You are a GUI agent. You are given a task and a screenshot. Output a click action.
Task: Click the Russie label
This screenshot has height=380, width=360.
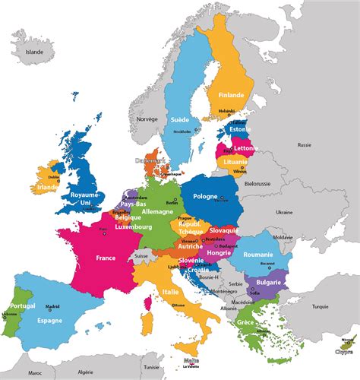[x=305, y=144]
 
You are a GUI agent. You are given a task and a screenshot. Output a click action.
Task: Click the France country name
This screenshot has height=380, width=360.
[x=106, y=258]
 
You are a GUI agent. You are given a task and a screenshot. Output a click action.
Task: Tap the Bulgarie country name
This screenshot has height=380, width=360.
[x=269, y=283]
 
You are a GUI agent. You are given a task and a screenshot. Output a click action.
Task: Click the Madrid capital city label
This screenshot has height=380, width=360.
[x=52, y=306]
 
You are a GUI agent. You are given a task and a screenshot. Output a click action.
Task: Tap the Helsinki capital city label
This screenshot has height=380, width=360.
[x=227, y=111]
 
